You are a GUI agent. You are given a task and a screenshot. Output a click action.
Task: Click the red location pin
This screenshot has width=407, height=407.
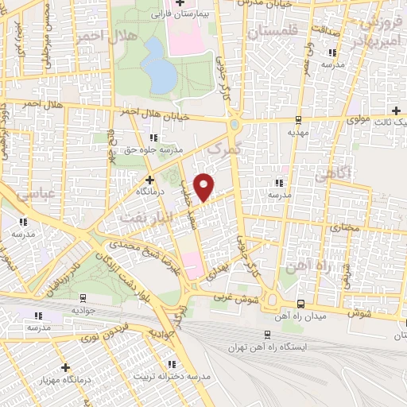coord(204,186)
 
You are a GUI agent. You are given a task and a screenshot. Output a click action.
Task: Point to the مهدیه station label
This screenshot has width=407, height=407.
coord(297,134)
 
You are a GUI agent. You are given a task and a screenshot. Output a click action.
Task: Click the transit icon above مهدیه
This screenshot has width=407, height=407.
coord(297,120)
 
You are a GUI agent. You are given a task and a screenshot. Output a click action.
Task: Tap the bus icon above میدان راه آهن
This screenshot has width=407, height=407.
coord(300,304)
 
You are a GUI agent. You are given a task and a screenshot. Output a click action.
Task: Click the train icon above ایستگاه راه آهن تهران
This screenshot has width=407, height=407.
coord(266,334)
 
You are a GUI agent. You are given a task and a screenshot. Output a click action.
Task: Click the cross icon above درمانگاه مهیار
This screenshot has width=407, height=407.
coord(65,367)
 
